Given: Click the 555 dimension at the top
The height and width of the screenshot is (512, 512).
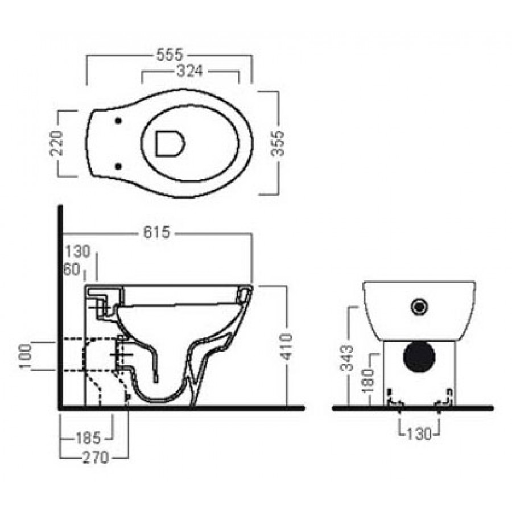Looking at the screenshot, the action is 170,55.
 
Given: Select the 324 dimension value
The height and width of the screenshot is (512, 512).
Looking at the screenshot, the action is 190,71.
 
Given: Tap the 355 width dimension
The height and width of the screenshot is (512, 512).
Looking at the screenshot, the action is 278,143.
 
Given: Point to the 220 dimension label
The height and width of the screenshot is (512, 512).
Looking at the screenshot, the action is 56,143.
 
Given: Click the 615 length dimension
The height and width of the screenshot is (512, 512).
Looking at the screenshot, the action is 157,233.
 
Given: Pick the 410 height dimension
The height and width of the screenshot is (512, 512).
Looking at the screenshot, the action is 287,346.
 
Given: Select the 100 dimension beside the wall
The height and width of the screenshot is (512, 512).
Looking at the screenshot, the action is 26,356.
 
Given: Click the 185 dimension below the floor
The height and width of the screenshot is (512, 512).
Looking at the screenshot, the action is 88,438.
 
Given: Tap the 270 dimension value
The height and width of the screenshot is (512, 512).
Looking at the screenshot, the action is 96,457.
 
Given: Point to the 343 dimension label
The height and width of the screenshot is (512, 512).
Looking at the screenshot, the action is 347,358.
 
